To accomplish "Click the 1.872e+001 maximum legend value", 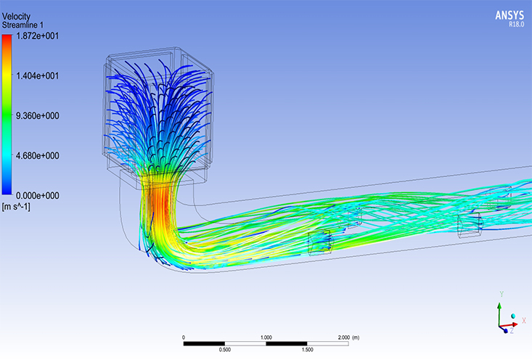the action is point(37,36).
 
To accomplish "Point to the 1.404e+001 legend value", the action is point(37,75).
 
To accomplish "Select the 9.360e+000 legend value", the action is point(37,115).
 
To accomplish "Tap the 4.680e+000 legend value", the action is point(37,156).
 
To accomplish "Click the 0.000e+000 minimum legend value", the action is point(37,196).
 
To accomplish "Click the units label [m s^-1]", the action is point(16,206).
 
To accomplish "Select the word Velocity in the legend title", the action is point(16,16).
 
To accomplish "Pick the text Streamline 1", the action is point(22,25).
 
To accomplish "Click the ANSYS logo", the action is point(510,15).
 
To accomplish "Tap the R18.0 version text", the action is point(516,24).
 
